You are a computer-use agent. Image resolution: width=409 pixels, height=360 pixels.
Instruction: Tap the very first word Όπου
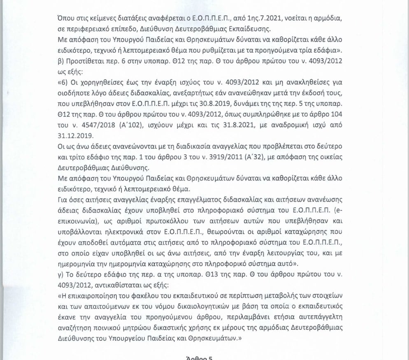point(67,19)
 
